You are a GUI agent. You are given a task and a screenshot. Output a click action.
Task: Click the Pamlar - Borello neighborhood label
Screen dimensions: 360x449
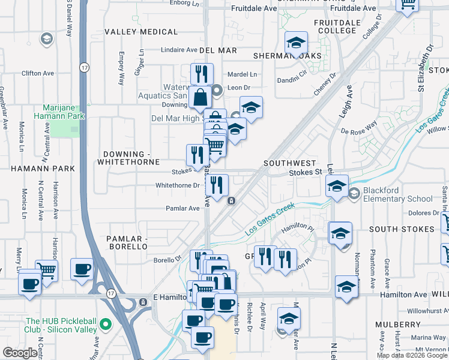tap(127, 242)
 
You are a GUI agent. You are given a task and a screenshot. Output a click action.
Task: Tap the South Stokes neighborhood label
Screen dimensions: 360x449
tap(402, 229)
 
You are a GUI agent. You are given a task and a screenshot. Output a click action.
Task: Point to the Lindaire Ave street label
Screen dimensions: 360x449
tap(178, 50)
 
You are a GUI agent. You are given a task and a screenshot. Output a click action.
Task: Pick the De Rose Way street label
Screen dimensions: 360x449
tap(358, 127)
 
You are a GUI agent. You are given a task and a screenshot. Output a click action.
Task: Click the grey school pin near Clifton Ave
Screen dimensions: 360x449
tap(45, 40)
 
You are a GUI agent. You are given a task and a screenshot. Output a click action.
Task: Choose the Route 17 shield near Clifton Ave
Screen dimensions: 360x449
tap(83, 68)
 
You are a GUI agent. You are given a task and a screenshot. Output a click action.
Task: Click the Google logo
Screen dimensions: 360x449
tap(20, 353)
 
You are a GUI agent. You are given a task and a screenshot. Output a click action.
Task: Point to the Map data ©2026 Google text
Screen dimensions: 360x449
tap(411, 355)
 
